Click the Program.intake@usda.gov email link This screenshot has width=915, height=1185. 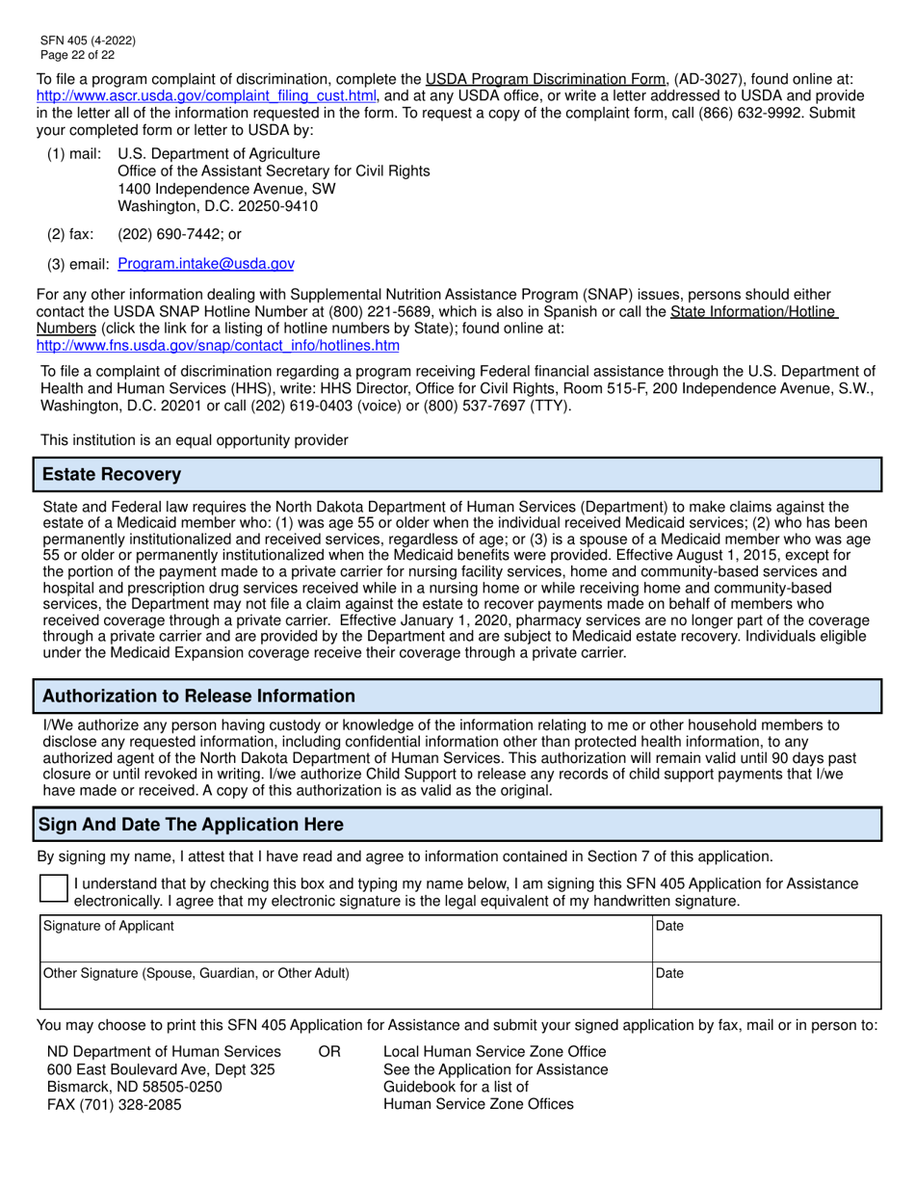206,263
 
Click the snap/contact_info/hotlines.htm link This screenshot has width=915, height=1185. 218,345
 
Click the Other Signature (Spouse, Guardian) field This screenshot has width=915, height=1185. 342,985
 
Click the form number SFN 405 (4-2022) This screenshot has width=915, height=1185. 88,40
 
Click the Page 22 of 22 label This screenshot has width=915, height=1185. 77,55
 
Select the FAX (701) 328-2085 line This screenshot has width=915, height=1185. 114,1104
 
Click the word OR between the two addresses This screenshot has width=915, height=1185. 328,1051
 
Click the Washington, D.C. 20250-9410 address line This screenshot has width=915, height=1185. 218,206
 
